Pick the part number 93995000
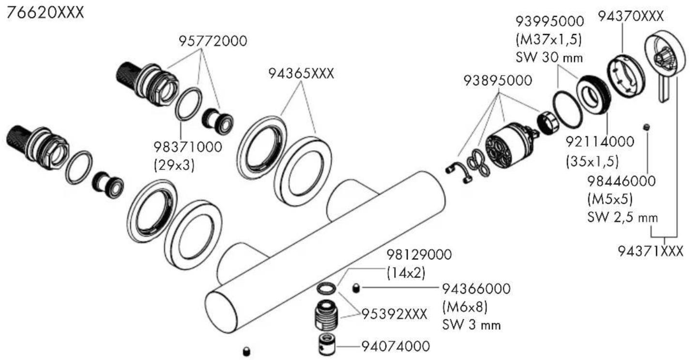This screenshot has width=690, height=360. coord(549,21)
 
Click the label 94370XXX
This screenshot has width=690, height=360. coord(630,16)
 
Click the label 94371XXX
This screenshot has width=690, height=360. coord(651,251)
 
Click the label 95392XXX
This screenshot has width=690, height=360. coord(395,314)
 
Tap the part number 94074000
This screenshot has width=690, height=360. coord(396,346)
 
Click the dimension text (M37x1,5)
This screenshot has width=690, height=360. coord(549,39)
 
